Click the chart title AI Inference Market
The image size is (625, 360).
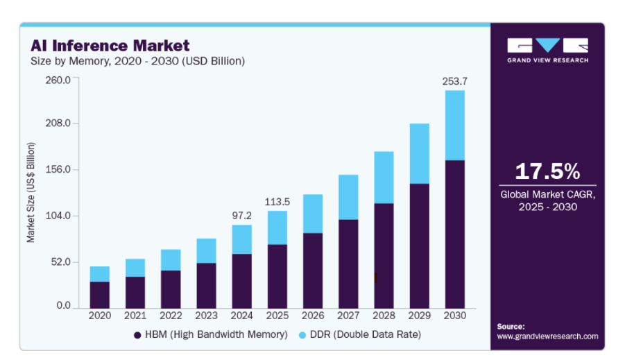click(110, 46)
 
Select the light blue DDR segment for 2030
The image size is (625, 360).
click(454, 125)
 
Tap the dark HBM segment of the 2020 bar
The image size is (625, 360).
click(100, 295)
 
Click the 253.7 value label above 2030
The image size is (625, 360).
click(455, 81)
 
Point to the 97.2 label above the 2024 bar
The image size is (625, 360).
click(242, 215)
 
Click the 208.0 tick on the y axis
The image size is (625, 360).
click(58, 123)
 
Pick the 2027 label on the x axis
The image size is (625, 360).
click(348, 316)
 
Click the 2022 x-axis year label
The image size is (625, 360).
click(171, 316)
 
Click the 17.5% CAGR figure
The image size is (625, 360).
click(547, 171)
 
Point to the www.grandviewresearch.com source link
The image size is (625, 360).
click(547, 336)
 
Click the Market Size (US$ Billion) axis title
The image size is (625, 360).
click(31, 192)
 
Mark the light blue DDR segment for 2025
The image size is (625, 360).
click(277, 228)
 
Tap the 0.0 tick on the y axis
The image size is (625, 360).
click(63, 306)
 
